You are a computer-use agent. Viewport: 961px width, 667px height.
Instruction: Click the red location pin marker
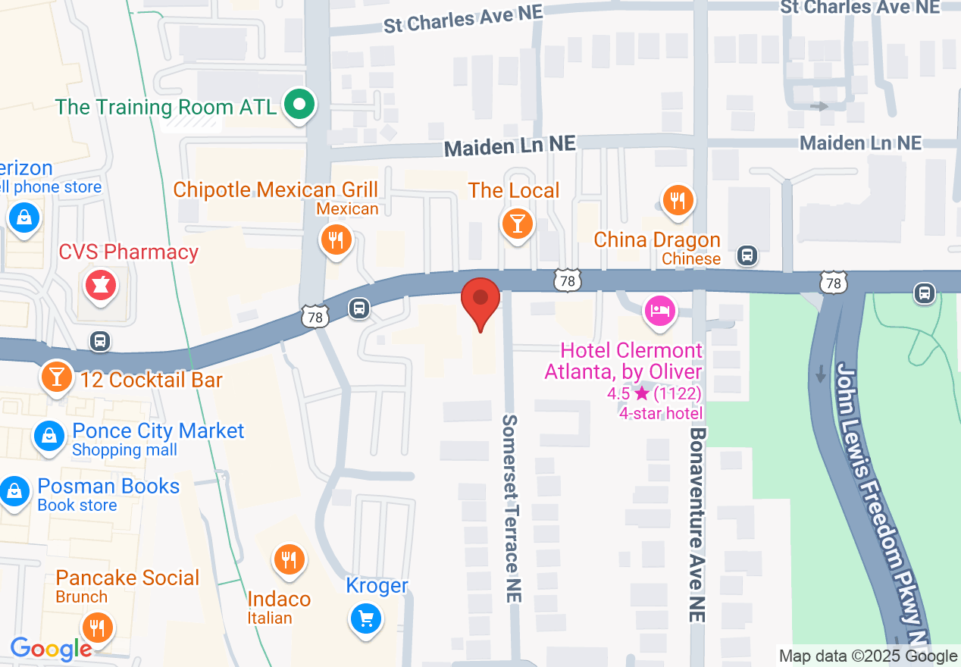(480, 300)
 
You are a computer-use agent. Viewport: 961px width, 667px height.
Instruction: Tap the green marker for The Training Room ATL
(299, 105)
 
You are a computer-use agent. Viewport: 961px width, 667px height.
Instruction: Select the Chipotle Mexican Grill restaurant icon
(334, 240)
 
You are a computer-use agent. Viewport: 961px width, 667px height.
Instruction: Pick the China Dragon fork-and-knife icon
(678, 201)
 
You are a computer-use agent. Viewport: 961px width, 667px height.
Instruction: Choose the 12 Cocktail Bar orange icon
(56, 377)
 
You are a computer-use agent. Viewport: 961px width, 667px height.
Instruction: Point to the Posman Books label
(108, 487)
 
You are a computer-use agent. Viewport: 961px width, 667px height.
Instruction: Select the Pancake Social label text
(127, 578)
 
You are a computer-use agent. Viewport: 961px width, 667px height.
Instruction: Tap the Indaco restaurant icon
(288, 560)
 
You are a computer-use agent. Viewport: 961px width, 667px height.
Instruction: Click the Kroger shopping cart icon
(366, 619)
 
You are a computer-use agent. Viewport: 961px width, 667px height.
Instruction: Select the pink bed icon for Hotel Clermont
(659, 310)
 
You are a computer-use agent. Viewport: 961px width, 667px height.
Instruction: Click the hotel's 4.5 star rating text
(654, 393)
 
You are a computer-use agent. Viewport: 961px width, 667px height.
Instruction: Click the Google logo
(51, 649)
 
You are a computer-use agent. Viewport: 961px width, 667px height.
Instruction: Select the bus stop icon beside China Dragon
(748, 255)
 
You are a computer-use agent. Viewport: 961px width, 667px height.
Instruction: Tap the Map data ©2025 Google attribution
(868, 656)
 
